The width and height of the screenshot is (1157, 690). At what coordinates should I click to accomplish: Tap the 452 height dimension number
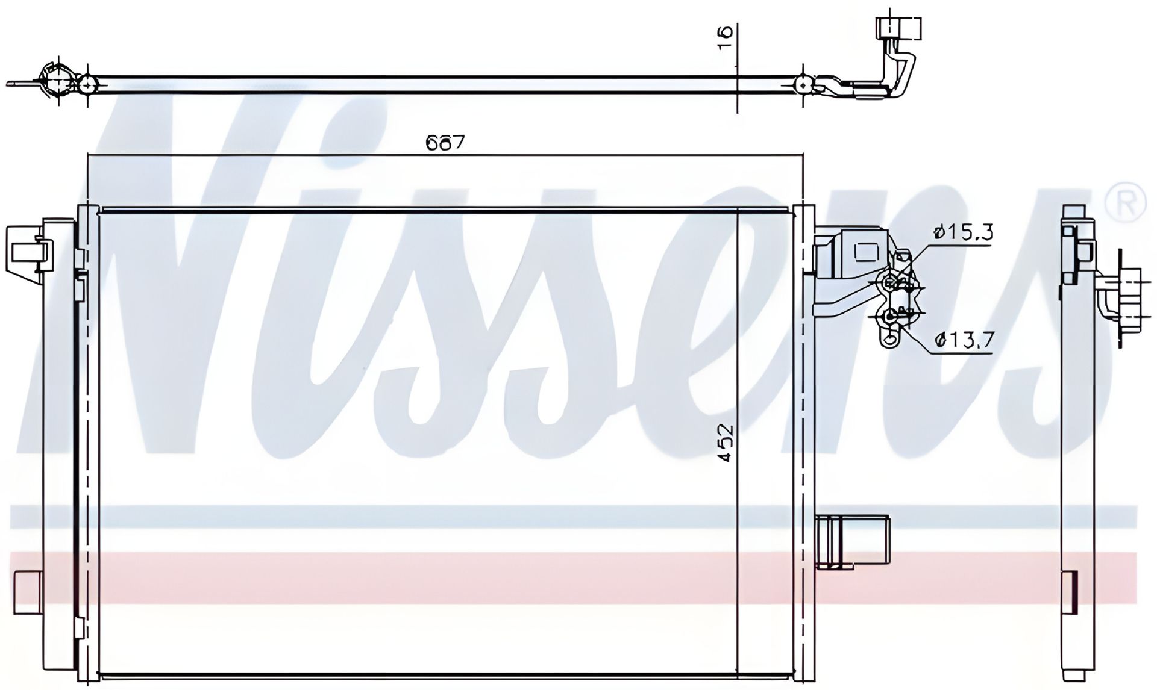tap(726, 443)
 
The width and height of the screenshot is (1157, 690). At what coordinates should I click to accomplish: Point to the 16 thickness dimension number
tap(726, 33)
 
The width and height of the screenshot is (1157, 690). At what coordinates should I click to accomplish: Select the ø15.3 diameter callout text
tap(962, 232)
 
